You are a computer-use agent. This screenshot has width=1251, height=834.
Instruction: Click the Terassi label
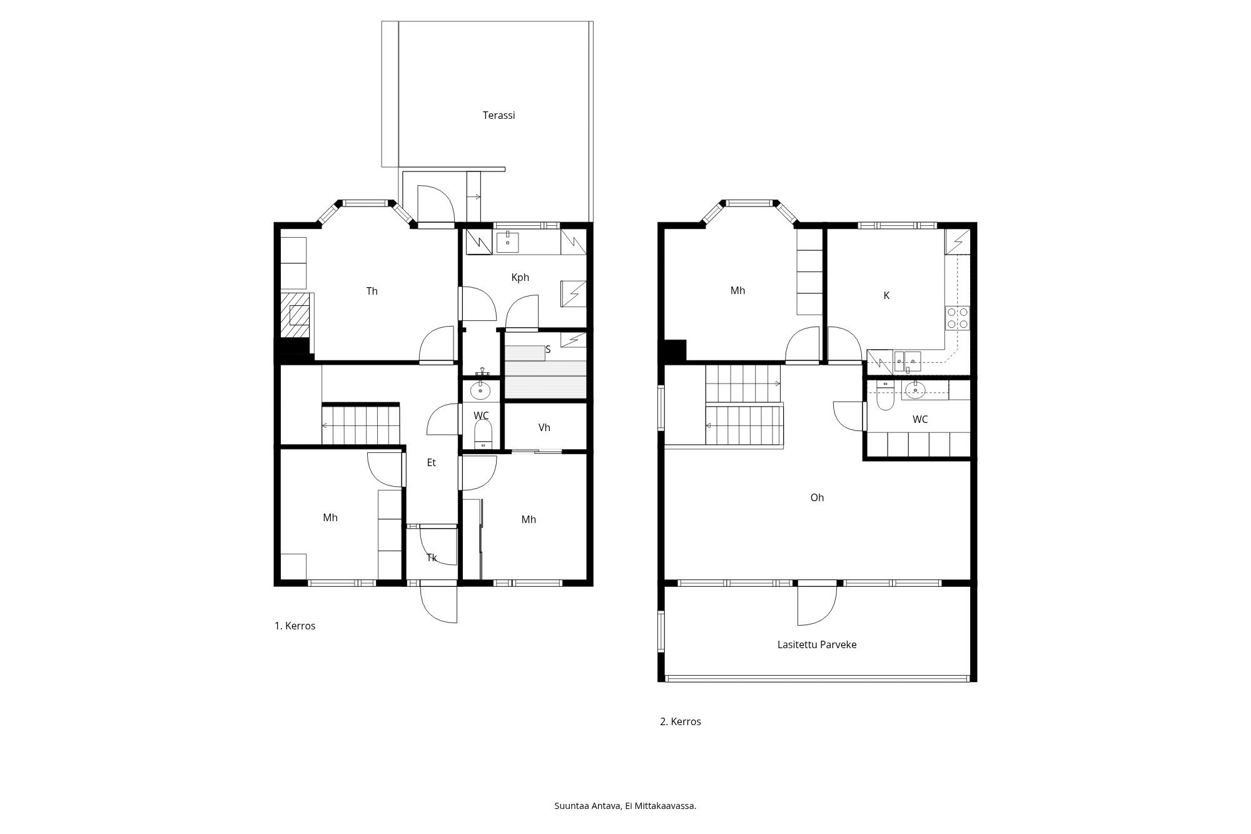tap(499, 116)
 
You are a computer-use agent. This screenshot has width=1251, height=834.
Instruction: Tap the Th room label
tap(372, 291)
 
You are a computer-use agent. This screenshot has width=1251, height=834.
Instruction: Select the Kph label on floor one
tap(520, 277)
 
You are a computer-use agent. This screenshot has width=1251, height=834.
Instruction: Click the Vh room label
tap(544, 427)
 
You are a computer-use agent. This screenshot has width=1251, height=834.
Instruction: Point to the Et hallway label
tap(431, 462)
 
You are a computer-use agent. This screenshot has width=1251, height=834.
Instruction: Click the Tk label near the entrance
tap(432, 557)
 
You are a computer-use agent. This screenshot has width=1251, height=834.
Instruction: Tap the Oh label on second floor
tap(817, 497)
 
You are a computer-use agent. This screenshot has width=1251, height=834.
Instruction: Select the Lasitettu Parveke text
tap(817, 644)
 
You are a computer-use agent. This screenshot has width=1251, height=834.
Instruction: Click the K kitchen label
tap(886, 296)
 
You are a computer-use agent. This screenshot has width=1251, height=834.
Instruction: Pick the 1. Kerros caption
tap(295, 626)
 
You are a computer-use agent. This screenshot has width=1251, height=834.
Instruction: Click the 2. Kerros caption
tap(681, 721)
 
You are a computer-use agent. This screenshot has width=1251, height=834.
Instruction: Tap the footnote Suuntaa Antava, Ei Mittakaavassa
tap(625, 806)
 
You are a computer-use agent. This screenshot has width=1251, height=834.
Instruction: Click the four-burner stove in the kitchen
tap(958, 318)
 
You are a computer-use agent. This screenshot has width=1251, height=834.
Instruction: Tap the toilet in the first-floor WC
tap(483, 433)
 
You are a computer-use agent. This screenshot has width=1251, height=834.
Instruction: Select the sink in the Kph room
tap(507, 242)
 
